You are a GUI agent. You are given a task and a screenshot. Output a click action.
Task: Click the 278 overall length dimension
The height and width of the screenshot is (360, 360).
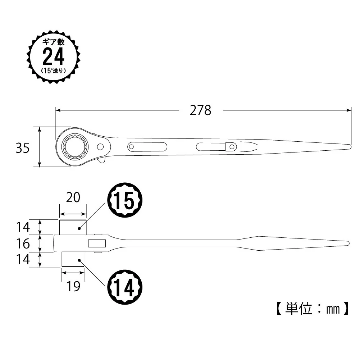[x=200, y=110]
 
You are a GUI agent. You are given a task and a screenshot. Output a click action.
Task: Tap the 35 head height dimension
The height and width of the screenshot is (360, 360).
[x=23, y=148]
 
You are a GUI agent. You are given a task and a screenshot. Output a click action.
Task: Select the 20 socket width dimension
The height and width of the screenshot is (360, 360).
[x=73, y=197]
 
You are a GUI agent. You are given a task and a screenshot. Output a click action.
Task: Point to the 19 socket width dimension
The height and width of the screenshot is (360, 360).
[x=73, y=286]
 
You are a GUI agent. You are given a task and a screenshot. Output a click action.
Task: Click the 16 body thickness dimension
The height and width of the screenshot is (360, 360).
[x=23, y=243]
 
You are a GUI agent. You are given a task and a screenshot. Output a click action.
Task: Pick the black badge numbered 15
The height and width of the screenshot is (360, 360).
[x=125, y=200]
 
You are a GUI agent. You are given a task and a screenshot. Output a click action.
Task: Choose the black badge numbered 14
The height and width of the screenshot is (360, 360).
[x=125, y=287]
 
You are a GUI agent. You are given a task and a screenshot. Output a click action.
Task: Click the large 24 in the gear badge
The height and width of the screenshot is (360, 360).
[x=54, y=57]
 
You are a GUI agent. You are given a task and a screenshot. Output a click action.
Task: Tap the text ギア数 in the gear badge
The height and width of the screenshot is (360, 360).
[x=54, y=42]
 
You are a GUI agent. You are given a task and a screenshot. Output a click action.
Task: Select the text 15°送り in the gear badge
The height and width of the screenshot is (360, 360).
[x=54, y=71]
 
